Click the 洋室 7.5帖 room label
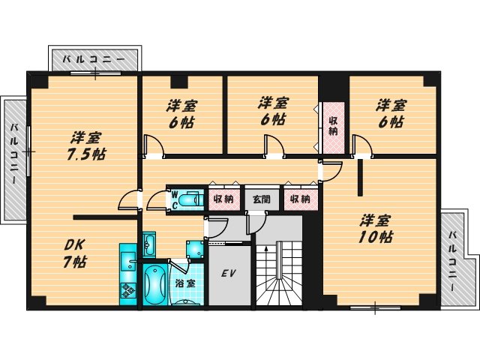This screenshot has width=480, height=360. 88,145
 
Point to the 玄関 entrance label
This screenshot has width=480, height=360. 261,199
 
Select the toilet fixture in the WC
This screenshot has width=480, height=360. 191,199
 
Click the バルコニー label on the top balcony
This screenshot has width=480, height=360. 93,58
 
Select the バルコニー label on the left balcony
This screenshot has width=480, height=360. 14,159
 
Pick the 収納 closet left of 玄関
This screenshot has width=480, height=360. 223,199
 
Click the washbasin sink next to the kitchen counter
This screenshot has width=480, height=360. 149,244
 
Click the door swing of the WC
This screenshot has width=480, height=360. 157,199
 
